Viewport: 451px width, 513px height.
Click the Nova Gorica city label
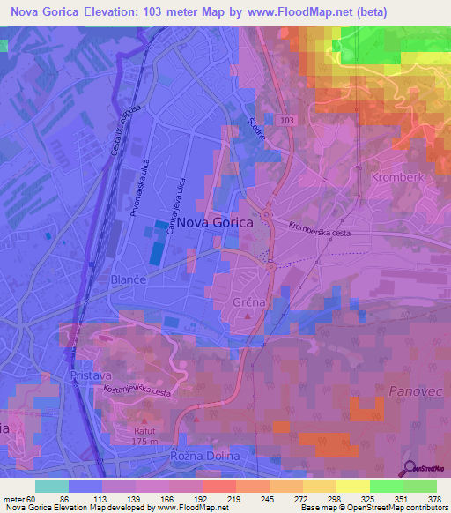(214, 224)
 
